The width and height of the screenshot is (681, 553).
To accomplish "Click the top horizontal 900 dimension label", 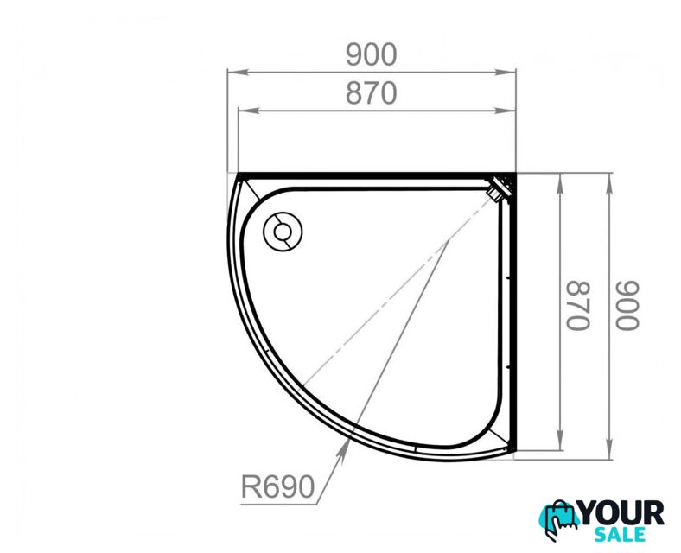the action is click(x=372, y=54).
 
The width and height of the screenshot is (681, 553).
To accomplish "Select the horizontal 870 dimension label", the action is click(x=372, y=93).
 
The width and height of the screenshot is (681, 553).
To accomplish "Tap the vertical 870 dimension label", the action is click(x=578, y=306).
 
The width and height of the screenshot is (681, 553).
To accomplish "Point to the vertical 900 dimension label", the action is click(x=628, y=306).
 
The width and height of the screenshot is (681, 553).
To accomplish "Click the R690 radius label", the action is click(x=278, y=486).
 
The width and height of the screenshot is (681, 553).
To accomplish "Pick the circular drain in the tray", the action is click(x=283, y=232).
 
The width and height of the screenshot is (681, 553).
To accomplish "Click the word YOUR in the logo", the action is click(x=621, y=512).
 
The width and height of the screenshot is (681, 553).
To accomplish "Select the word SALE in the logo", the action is click(x=620, y=534).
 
